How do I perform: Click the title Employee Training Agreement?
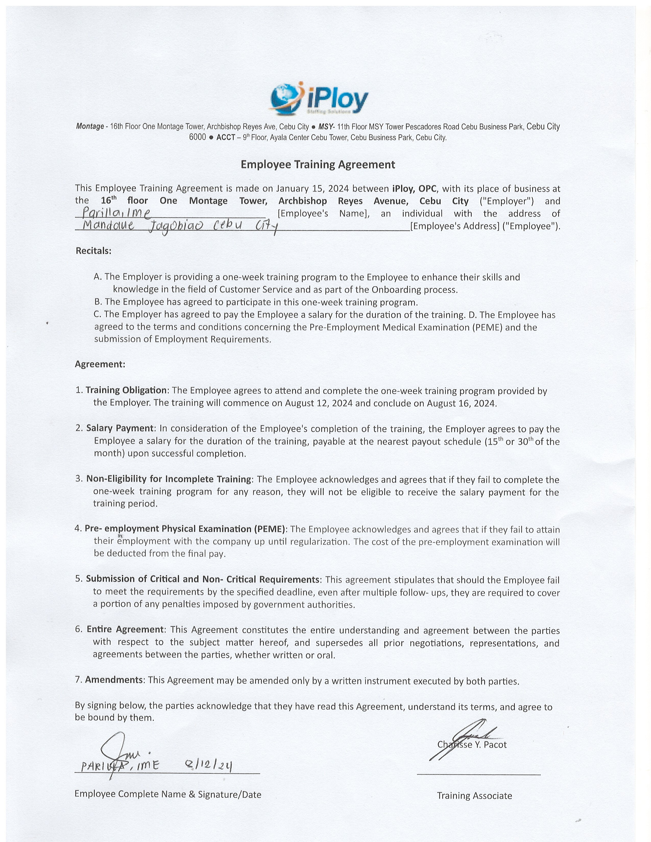pyautogui.click(x=318, y=165)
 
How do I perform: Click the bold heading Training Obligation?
pyautogui.click(x=126, y=390)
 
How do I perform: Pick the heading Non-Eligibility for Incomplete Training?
pyautogui.click(x=168, y=479)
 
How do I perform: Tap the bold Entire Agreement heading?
pyautogui.click(x=125, y=629)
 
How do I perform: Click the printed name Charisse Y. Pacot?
pyautogui.click(x=472, y=745)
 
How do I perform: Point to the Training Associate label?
pyautogui.click(x=474, y=796)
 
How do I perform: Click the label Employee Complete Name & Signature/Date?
pyautogui.click(x=168, y=794)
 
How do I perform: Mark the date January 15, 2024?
pyautogui.click(x=312, y=189)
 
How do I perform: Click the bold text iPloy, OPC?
pyautogui.click(x=415, y=189)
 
